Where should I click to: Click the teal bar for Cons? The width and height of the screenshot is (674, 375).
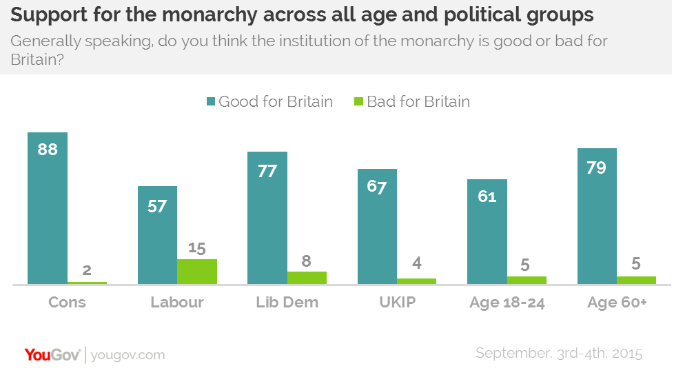[x=48, y=207]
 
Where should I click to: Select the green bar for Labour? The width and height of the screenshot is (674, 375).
[x=197, y=272]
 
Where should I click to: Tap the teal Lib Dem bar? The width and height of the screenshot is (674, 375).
[x=267, y=218]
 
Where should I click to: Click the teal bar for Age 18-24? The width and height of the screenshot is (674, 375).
[x=487, y=232]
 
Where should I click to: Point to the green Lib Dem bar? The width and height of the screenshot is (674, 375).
[x=307, y=278]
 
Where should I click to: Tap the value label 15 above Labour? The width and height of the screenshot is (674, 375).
[x=197, y=248]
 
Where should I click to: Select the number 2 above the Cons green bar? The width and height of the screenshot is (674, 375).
[x=87, y=270]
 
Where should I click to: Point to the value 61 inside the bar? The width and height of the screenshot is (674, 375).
[x=487, y=196]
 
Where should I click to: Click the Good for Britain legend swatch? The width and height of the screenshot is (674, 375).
[x=210, y=102]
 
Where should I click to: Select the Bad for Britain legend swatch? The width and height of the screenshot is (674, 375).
[x=358, y=102]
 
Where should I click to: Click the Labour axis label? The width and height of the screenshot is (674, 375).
[x=177, y=303]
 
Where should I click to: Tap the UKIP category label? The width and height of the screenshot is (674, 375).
[x=397, y=303]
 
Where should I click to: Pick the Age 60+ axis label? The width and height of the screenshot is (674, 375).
[x=617, y=303]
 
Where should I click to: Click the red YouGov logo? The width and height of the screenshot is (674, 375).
[x=52, y=354]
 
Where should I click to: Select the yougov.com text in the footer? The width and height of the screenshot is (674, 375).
[x=127, y=355]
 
